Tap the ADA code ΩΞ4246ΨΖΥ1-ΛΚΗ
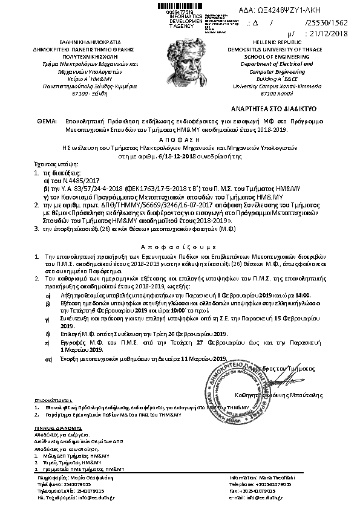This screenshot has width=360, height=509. coord(303,10)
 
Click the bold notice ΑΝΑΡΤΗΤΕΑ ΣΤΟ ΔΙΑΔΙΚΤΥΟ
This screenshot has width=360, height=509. coord(283,109)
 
